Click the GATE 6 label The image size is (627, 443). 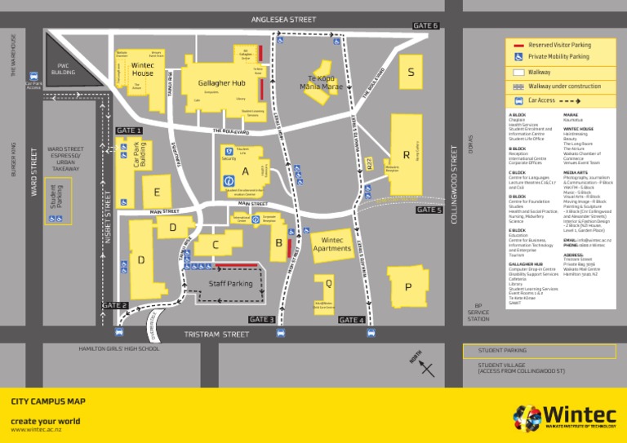[x=425, y=26]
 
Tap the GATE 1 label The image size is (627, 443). [x=129, y=131]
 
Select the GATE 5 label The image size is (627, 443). [x=429, y=210]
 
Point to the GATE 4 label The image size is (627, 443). [x=352, y=319]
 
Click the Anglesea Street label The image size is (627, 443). [x=283, y=20]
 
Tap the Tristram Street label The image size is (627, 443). [x=216, y=334]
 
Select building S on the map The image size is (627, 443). [x=411, y=73]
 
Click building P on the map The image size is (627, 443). [x=407, y=286]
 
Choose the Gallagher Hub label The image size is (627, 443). [x=222, y=83]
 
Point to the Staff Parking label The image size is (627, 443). [x=230, y=284]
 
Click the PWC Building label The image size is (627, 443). [x=63, y=69]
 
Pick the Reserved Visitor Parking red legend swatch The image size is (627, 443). [x=518, y=45]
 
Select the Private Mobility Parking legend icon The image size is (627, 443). [x=518, y=57]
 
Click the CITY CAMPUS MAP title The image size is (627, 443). [x=48, y=402]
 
